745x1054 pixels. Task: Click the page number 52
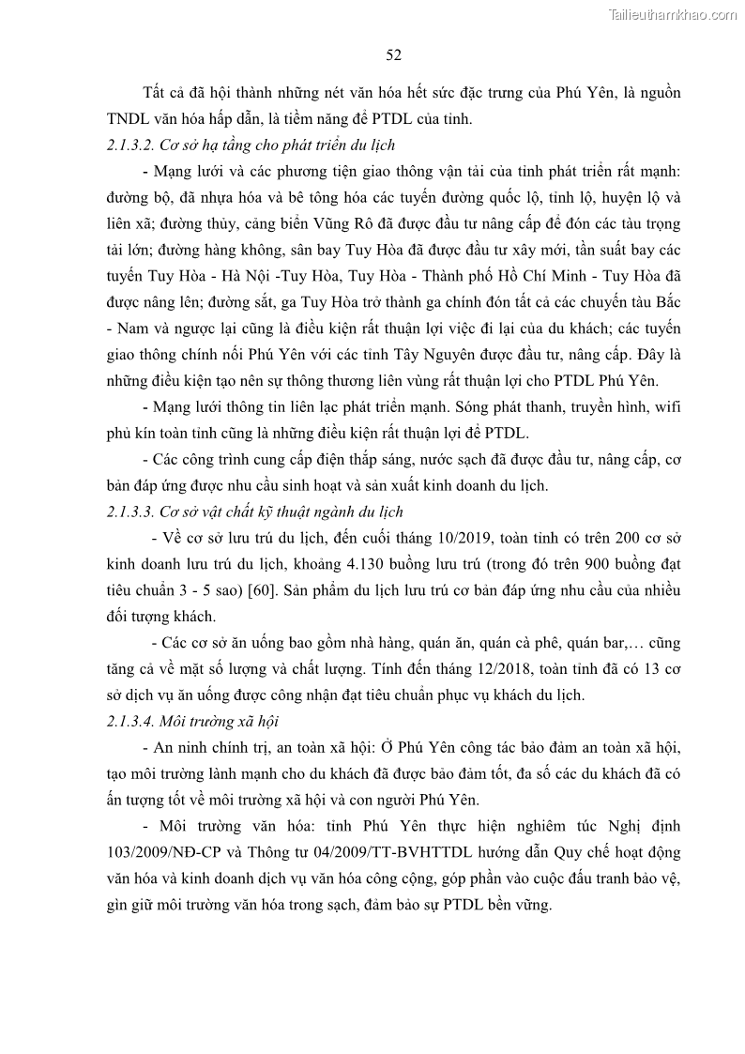pos(394,55)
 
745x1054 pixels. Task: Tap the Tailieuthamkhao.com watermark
pos(673,14)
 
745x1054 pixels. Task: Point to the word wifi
pos(665,408)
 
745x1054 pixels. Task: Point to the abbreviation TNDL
pos(129,119)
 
